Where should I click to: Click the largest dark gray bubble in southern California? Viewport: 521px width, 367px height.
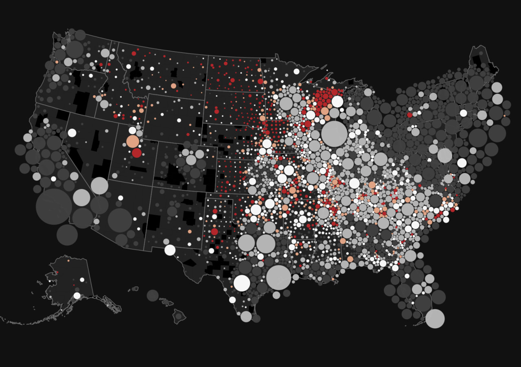pyautogui.click(x=54, y=206)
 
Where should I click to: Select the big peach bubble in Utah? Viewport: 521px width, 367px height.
pyautogui.click(x=133, y=141)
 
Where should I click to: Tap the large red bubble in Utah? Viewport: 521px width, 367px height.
pyautogui.click(x=137, y=153)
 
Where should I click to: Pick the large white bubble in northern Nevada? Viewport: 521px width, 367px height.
pyautogui.click(x=72, y=133)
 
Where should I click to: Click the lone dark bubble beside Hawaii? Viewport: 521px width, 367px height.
pyautogui.click(x=153, y=295)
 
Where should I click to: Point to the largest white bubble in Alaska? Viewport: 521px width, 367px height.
pyautogui.click(x=77, y=296)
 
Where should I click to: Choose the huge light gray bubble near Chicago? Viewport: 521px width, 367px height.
pyautogui.click(x=334, y=133)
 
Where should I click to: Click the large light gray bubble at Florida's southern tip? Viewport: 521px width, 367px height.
pyautogui.click(x=435, y=319)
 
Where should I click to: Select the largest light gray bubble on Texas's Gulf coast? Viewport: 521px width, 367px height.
pyautogui.click(x=279, y=277)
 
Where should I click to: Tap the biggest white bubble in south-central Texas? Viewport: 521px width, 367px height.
pyautogui.click(x=242, y=283)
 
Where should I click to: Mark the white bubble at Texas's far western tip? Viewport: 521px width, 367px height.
pyautogui.click(x=170, y=250)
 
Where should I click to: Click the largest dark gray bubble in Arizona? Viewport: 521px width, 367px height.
pyautogui.click(x=120, y=220)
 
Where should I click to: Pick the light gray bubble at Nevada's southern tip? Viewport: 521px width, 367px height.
pyautogui.click(x=99, y=186)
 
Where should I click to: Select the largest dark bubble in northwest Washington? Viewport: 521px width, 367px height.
pyautogui.click(x=74, y=49)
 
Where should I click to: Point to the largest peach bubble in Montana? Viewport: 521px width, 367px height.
pyautogui.click(x=173, y=86)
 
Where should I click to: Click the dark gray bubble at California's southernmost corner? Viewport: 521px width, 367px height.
pyautogui.click(x=67, y=235)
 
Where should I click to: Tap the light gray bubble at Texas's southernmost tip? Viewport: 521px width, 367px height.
pyautogui.click(x=246, y=317)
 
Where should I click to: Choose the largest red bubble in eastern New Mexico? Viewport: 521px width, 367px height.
pyautogui.click(x=215, y=232)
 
